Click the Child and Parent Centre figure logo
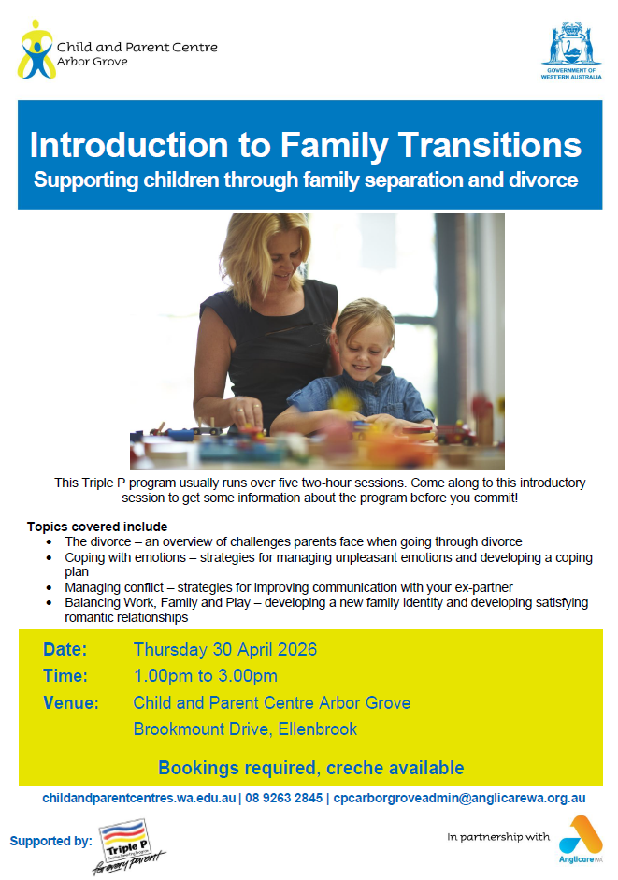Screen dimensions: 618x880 [x=36, y=50]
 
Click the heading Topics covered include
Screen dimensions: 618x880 [x=97, y=527]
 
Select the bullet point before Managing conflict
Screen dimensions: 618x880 [x=50, y=587]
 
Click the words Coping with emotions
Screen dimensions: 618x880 [x=125, y=557]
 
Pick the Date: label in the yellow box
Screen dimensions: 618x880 [x=65, y=649]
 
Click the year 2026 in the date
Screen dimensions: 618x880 [x=297, y=649]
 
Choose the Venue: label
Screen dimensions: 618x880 [x=71, y=703]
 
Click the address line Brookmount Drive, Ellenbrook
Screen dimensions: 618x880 [x=245, y=729]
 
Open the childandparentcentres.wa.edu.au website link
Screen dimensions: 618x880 [x=139, y=798]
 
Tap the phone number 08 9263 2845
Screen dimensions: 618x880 [x=284, y=798]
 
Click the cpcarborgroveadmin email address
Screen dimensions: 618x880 [x=460, y=798]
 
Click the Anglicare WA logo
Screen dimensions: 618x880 [x=581, y=839]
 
